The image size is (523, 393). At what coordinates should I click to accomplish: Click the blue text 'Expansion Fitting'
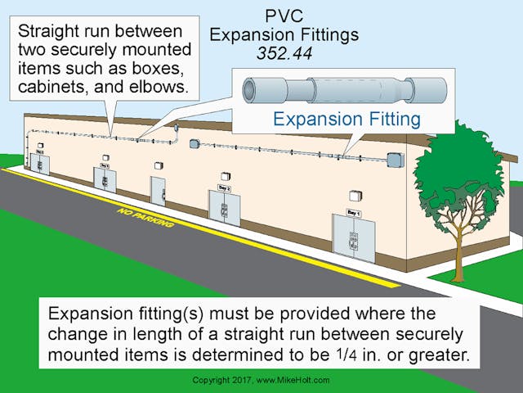347,120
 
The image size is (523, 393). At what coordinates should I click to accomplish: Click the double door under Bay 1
353,238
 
